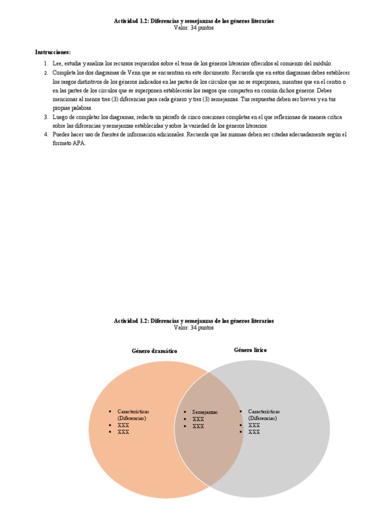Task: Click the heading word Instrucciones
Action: [53, 52]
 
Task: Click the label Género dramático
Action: [155, 350]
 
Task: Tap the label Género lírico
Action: [251, 349]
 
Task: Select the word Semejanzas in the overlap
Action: [205, 412]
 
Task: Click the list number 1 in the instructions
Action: [45, 64]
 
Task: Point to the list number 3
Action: [45, 117]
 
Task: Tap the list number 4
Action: [45, 135]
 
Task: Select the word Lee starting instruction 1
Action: [57, 64]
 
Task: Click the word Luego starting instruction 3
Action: [60, 117]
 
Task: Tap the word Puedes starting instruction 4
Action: [61, 135]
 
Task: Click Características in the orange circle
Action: [133, 411]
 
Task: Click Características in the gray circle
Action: [264, 411]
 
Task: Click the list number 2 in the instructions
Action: [45, 73]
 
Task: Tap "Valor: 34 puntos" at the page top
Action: [194, 28]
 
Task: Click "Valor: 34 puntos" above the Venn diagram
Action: [194, 328]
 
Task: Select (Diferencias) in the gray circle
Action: [263, 418]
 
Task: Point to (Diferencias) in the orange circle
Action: [132, 418]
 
